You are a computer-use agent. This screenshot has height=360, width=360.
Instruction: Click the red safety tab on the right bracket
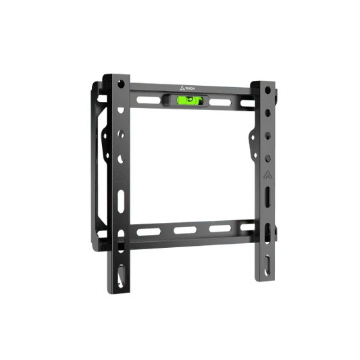(275, 232)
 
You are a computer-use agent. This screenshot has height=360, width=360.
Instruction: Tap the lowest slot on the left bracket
(121, 277)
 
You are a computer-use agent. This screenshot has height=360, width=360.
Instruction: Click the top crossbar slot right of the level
(217, 101)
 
